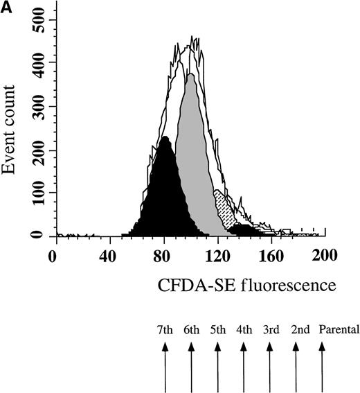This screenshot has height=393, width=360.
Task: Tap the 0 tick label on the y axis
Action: [39, 236]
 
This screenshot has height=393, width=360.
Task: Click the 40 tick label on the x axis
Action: [106, 256]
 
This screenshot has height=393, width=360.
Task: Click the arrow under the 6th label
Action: [191, 367]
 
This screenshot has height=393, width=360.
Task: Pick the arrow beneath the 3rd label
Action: [269, 367]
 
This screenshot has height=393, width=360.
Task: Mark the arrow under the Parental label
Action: [321, 367]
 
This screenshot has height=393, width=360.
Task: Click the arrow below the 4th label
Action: [243, 367]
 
